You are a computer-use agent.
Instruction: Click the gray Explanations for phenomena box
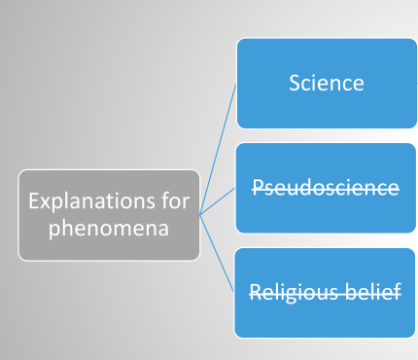[x=108, y=214]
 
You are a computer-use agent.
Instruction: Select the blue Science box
[x=326, y=83]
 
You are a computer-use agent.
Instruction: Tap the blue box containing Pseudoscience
[x=326, y=187]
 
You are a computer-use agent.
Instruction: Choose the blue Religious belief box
[x=326, y=292]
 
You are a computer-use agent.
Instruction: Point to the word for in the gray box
[x=176, y=202]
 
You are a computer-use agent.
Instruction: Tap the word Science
[x=326, y=83]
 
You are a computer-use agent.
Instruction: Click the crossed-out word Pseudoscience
[x=326, y=187]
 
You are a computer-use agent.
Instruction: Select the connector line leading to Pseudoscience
[x=218, y=201]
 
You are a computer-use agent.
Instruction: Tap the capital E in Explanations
[x=33, y=202]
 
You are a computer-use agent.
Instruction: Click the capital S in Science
[x=295, y=83]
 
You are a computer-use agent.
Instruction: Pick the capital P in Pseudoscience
[x=258, y=187]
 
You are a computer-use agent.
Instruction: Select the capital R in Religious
[x=255, y=291]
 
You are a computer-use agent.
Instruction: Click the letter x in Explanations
[x=45, y=203]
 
